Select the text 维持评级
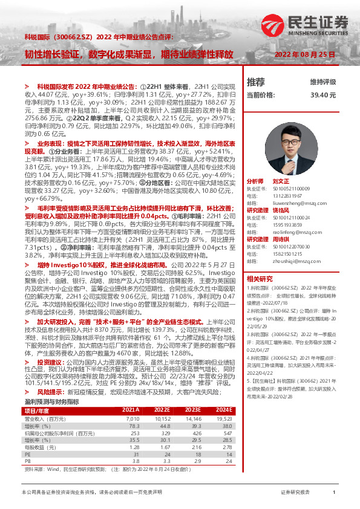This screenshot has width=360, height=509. [x=322, y=82]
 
